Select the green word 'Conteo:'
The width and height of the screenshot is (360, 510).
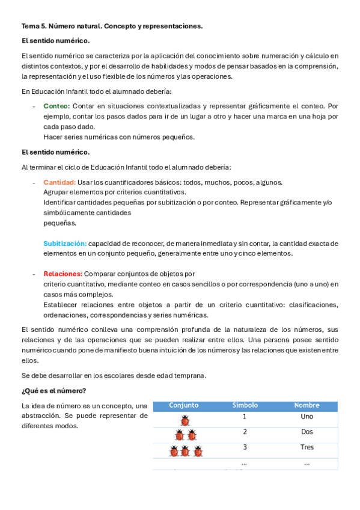(x=56, y=106)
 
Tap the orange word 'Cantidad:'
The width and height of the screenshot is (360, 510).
(x=59, y=182)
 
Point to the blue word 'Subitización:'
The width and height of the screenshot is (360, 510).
(x=65, y=244)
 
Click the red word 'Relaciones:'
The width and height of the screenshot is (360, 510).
(x=63, y=274)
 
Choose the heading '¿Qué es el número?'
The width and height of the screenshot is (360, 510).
(x=53, y=391)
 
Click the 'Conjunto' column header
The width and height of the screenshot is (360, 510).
(x=183, y=405)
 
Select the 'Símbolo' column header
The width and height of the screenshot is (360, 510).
(x=245, y=405)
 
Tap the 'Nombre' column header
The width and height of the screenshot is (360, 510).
(x=307, y=405)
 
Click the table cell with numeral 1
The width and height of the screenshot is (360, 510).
(x=245, y=417)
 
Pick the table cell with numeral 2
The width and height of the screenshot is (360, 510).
(x=245, y=432)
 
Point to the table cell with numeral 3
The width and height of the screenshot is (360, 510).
(x=245, y=447)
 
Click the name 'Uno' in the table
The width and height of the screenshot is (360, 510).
(x=307, y=417)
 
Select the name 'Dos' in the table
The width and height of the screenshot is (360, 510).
(x=307, y=432)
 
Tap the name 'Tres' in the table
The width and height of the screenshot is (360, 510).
(x=307, y=447)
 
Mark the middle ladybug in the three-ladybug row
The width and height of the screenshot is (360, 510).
(x=185, y=450)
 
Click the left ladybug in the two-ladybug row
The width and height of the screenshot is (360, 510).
(x=179, y=435)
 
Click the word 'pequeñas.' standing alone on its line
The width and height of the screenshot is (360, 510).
(x=59, y=223)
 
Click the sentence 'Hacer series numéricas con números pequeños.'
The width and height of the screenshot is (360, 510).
(x=119, y=137)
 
